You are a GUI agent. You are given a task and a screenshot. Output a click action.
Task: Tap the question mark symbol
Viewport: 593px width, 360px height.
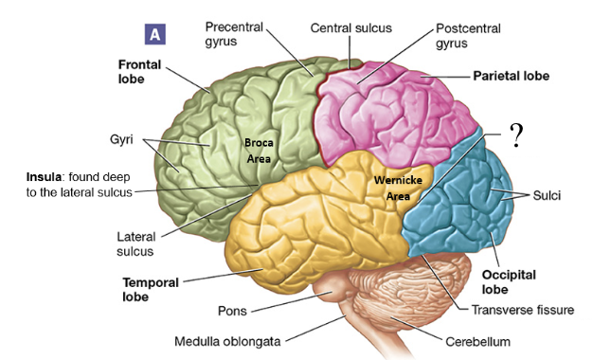click(516, 136)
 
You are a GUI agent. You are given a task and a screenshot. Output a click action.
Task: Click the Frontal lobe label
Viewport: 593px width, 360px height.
click(140, 72)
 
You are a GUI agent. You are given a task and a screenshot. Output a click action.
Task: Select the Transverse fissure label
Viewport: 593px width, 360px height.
click(523, 309)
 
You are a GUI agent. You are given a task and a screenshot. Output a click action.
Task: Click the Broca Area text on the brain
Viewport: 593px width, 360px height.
click(259, 151)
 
